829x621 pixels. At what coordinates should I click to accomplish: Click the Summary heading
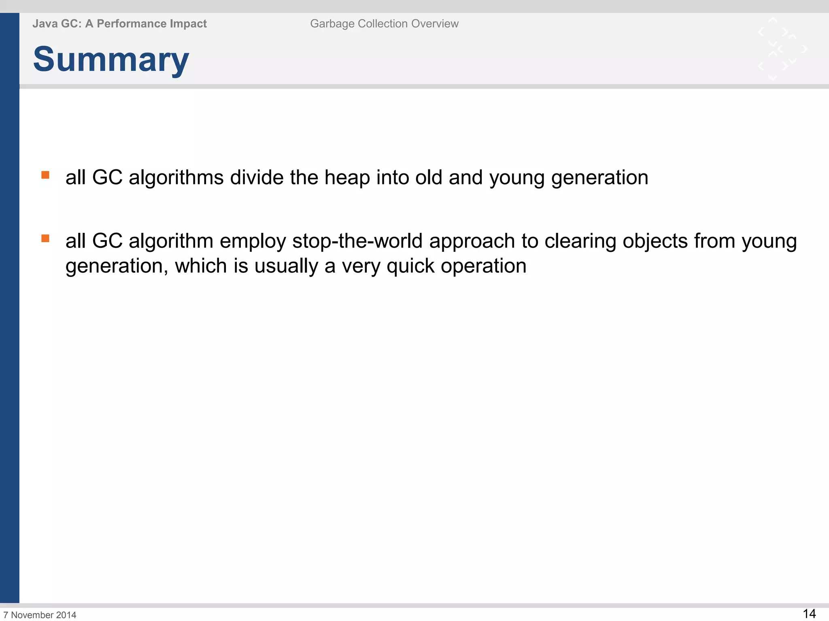click(x=111, y=59)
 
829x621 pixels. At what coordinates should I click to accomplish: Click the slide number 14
click(x=809, y=613)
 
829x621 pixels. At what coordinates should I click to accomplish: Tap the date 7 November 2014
click(x=40, y=615)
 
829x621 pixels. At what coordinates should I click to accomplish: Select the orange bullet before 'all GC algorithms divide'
click(x=45, y=175)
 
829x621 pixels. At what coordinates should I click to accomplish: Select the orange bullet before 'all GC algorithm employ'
click(x=45, y=239)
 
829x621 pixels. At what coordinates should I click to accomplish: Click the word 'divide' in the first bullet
click(x=257, y=177)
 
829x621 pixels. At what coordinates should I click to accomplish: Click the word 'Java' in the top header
click(x=45, y=24)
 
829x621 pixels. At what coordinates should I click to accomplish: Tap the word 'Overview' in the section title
click(x=435, y=24)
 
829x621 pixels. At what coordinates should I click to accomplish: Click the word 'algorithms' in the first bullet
click(x=176, y=178)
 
